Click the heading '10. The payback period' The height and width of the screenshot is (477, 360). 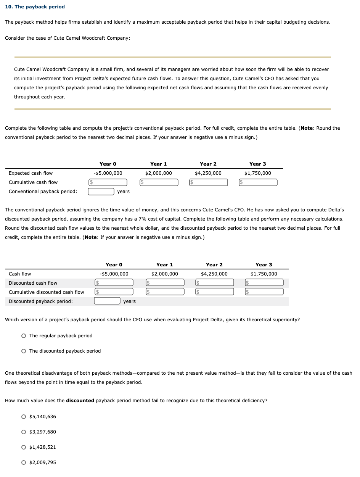pyautogui.click(x=35, y=7)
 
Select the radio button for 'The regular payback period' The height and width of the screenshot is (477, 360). pyautogui.click(x=24, y=336)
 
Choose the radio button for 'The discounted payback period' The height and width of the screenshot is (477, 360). pyautogui.click(x=24, y=351)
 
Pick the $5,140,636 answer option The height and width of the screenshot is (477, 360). pyautogui.click(x=24, y=417)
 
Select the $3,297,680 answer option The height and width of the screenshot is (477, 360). pyautogui.click(x=24, y=432)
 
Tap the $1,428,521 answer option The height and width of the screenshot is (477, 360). pyautogui.click(x=24, y=447)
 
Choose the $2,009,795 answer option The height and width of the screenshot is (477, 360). pyautogui.click(x=24, y=462)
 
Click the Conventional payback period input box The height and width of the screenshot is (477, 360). pyautogui.click(x=101, y=192)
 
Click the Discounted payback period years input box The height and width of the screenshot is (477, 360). pyautogui.click(x=107, y=301)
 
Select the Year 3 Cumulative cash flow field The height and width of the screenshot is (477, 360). pyautogui.click(x=258, y=182)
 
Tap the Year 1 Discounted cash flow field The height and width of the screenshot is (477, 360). pyautogui.click(x=165, y=283)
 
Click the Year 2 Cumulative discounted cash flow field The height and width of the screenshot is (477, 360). pyautogui.click(x=215, y=292)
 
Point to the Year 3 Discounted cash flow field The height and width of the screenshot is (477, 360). pyautogui.click(x=264, y=283)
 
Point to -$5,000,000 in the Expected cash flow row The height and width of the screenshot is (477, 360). pyautogui.click(x=108, y=173)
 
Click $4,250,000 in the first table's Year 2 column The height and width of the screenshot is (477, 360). pyautogui.click(x=208, y=173)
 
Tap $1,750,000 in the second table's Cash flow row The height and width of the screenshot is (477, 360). pyautogui.click(x=264, y=274)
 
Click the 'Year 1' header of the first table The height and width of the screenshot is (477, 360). pyautogui.click(x=158, y=164)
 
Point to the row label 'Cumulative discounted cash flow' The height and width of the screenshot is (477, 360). pyautogui.click(x=47, y=292)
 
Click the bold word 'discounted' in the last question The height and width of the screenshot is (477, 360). pyautogui.click(x=80, y=401)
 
